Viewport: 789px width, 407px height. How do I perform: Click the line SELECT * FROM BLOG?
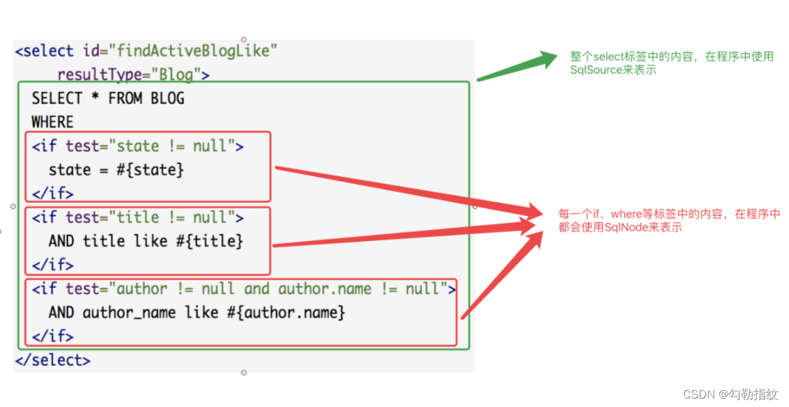click(x=108, y=98)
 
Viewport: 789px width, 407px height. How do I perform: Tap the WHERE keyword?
click(x=52, y=123)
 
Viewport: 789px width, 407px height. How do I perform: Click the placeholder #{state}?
click(x=151, y=170)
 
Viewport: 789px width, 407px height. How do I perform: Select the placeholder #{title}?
click(x=211, y=242)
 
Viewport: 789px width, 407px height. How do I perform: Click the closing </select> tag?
click(x=53, y=360)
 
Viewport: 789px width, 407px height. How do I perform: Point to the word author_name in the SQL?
click(x=129, y=313)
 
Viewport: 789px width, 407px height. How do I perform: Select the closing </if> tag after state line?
click(x=52, y=194)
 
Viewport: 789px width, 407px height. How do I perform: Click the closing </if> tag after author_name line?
click(x=52, y=337)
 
